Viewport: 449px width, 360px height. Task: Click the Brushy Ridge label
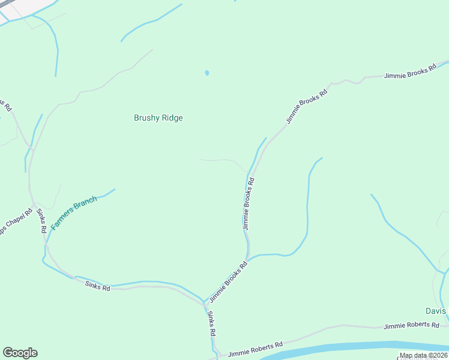[x=158, y=118]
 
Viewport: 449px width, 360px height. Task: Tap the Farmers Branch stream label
[x=74, y=213]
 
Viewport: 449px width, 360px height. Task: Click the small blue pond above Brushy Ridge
[x=207, y=73]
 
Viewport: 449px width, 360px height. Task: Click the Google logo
[x=20, y=353]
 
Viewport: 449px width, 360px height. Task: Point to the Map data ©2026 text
[x=423, y=355]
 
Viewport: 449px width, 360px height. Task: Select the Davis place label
[x=436, y=311]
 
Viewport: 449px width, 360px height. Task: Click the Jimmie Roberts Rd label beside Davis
[x=411, y=325]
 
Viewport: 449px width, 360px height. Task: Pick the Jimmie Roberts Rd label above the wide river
[x=255, y=349]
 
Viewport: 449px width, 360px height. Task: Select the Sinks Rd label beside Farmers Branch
[x=41, y=221]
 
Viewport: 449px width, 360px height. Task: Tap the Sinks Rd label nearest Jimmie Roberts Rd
[x=211, y=323]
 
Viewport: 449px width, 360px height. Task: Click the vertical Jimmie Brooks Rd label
[x=248, y=203]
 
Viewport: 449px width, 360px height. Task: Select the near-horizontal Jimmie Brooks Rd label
[x=410, y=73]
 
